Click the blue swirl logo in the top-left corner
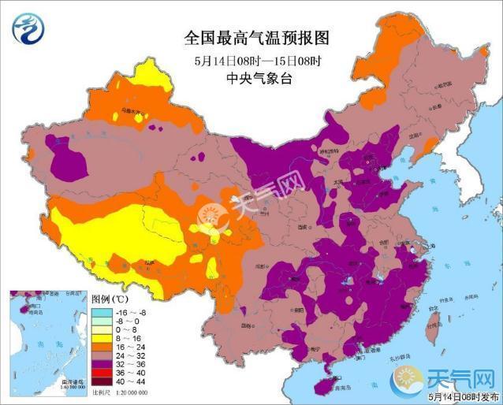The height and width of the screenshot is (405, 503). pos(27,28)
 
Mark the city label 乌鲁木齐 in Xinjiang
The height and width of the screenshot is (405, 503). pos(130,113)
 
